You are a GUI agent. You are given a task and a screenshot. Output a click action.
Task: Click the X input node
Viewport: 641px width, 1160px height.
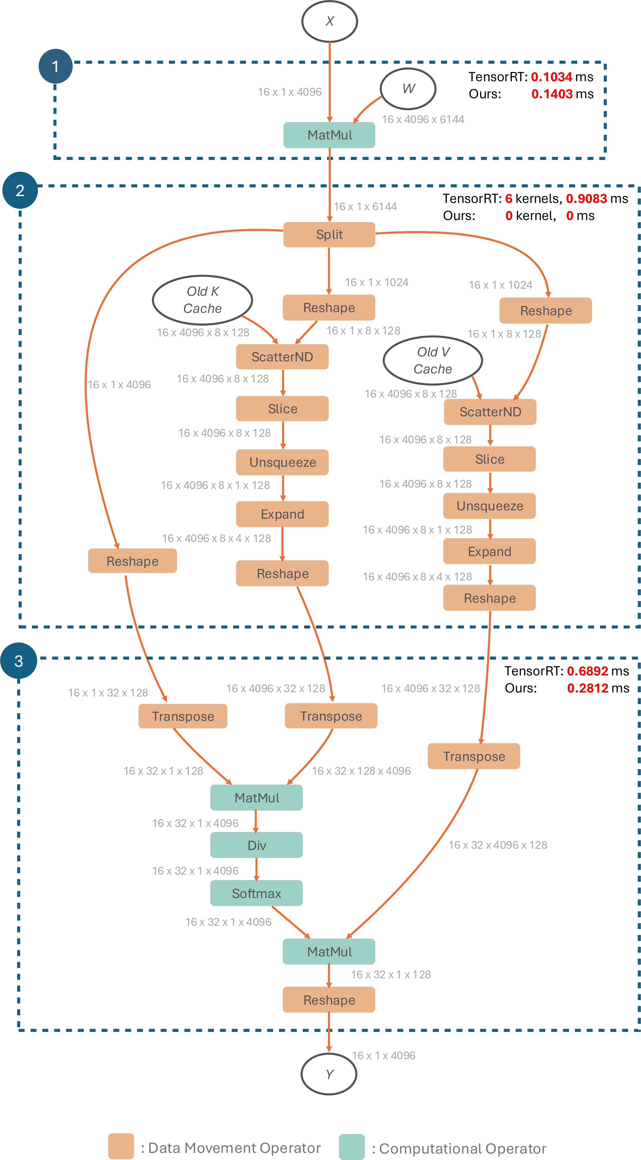(329, 21)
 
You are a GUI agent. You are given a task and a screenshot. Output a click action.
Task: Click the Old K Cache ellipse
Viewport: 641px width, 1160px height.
(203, 300)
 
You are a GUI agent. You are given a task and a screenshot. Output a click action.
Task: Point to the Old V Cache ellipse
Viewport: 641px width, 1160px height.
(433, 360)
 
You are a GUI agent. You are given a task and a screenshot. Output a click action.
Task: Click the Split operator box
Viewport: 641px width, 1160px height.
(329, 235)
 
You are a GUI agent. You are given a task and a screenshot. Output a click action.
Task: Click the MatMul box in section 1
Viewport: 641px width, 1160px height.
(329, 135)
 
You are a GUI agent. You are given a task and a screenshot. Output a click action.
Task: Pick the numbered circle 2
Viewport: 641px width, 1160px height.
(20, 190)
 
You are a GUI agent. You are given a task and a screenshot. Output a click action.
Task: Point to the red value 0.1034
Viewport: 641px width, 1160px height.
(552, 77)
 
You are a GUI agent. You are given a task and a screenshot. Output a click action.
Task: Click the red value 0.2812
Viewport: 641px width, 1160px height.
(588, 688)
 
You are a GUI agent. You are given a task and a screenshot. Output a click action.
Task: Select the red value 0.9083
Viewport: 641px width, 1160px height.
(587, 199)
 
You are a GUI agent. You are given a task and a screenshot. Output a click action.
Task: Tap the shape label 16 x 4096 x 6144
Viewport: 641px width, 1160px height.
(423, 119)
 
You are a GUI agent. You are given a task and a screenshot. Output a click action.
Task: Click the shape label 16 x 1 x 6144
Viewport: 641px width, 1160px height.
(365, 207)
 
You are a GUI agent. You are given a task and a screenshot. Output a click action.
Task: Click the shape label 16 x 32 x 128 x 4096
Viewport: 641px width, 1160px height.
(361, 771)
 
